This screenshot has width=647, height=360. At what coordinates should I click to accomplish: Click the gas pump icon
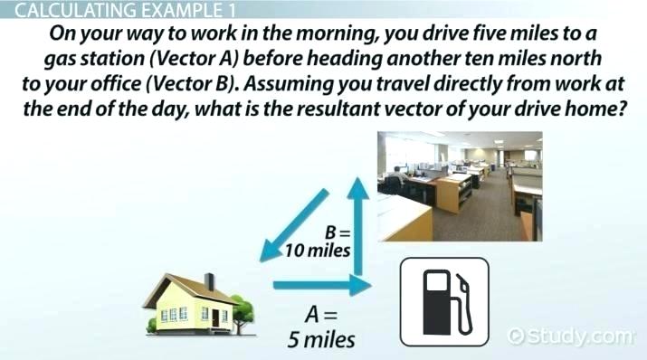pyautogui.click(x=442, y=302)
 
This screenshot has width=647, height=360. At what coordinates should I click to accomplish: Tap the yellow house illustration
pyautogui.click(x=197, y=301)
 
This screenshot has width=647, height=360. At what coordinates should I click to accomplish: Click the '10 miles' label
pyautogui.click(x=316, y=251)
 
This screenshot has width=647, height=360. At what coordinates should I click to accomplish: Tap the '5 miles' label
pyautogui.click(x=321, y=341)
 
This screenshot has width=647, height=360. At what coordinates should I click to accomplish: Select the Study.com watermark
pyautogui.click(x=572, y=336)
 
